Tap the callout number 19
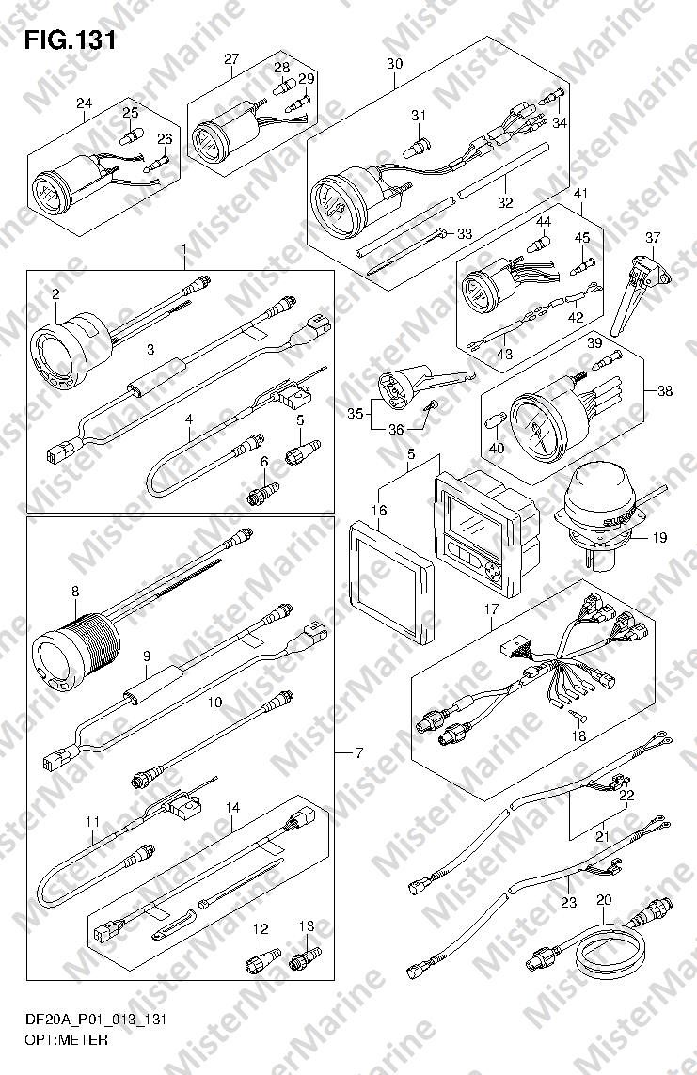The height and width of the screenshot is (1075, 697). tap(658, 538)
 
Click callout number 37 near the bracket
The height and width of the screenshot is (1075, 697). tap(654, 236)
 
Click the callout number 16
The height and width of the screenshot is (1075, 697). tap(378, 511)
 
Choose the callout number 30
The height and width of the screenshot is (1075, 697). tap(394, 64)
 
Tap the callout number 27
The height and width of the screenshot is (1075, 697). tap(231, 59)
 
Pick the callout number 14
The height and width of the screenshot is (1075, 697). tap(232, 807)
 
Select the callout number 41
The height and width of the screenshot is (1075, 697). tap(580, 194)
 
